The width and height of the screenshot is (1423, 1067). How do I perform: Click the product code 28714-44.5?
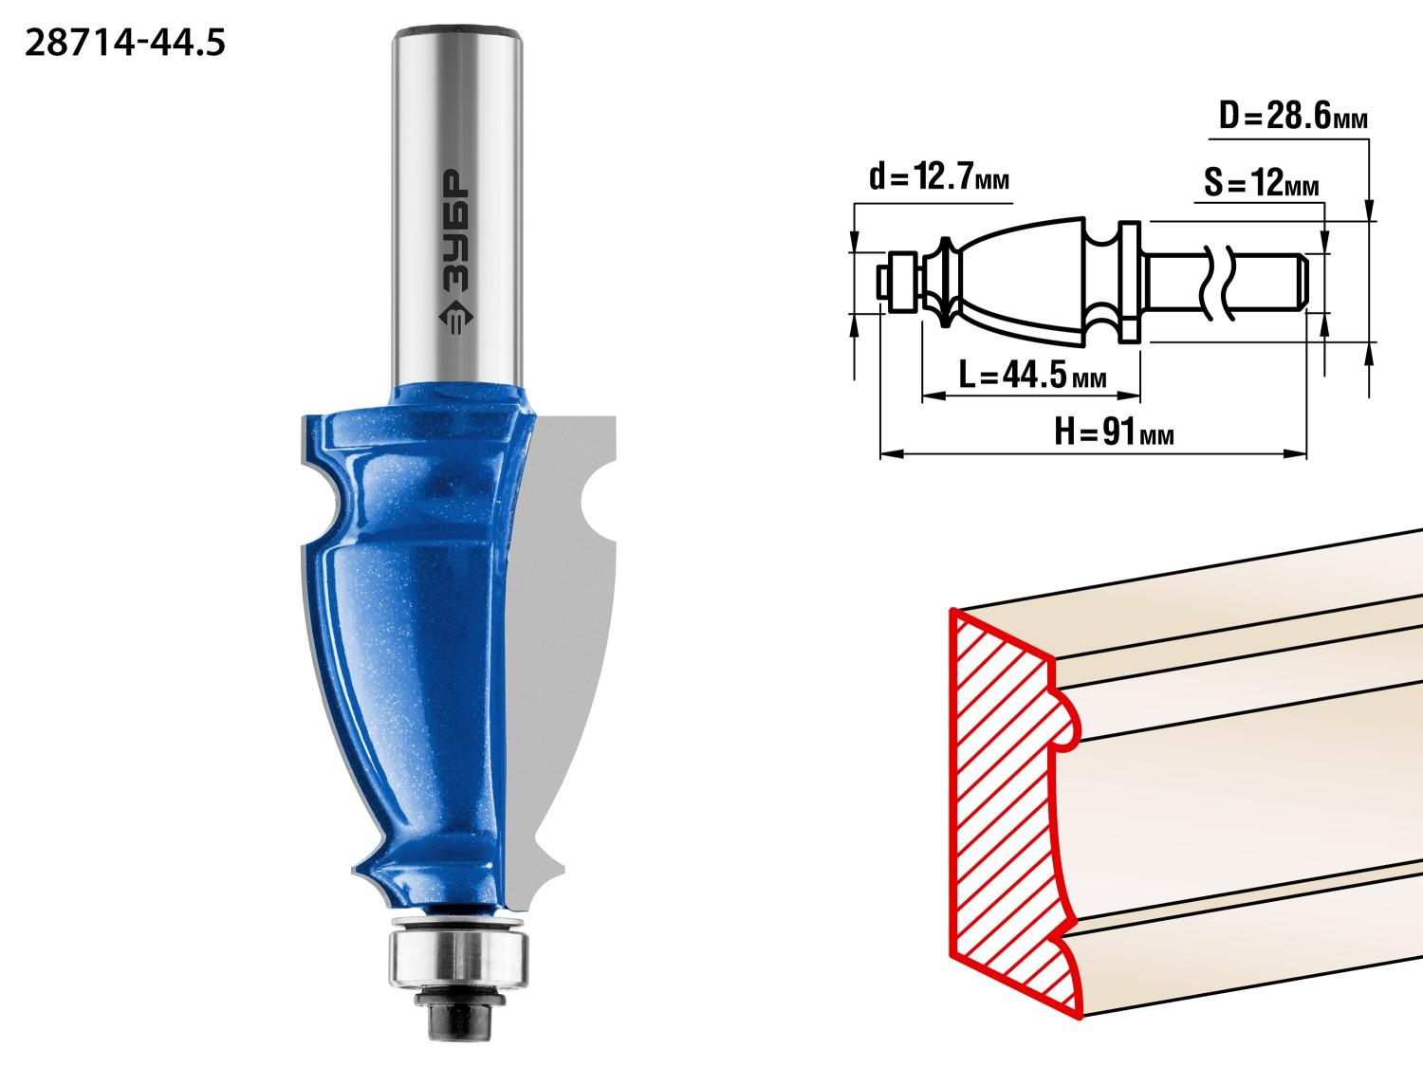125,44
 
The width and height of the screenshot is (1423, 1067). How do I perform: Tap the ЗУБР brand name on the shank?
456,230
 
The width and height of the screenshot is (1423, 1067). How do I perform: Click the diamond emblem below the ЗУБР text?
456,317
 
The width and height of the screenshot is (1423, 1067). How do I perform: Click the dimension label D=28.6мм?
1293,116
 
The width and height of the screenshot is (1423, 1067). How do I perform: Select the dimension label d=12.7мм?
939,176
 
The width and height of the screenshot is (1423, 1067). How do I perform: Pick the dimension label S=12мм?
1261,182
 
